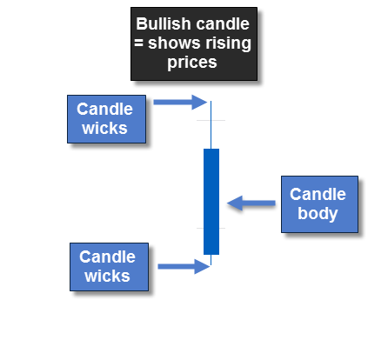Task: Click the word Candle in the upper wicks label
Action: (105, 110)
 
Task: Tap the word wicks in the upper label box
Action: (105, 129)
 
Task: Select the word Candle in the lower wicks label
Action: (108, 257)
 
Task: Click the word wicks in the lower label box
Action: (108, 277)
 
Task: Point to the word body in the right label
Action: (318, 214)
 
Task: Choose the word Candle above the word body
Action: (318, 195)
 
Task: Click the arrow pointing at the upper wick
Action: (179, 103)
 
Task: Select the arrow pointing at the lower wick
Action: (184, 265)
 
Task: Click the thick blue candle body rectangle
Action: (211, 201)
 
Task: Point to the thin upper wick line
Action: (211, 126)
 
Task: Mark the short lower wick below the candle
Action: (211, 260)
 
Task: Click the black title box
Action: (195, 44)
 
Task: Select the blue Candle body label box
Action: (318, 204)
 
